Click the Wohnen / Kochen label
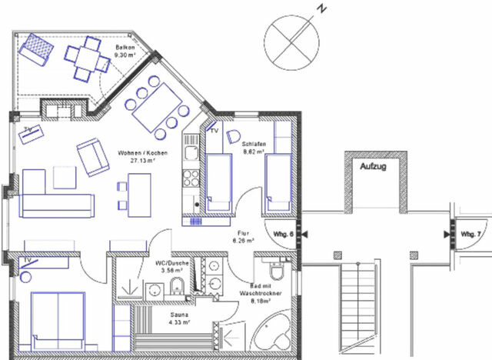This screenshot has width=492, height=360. click(137, 157)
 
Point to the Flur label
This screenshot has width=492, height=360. click(244, 236)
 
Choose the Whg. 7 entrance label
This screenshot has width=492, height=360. click(470, 233)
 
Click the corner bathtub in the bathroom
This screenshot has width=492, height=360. click(271, 335)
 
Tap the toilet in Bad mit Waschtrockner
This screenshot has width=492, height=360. click(278, 272)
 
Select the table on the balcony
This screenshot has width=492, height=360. click(84, 59)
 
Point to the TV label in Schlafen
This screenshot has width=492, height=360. click(214, 131)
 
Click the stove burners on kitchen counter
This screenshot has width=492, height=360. click(190, 178)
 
